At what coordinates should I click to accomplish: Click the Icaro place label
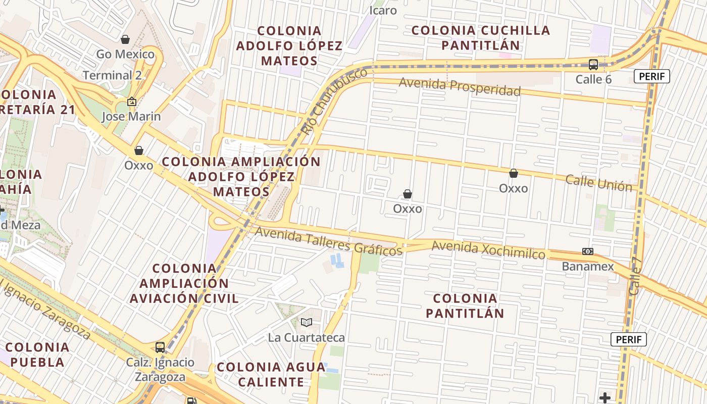[383, 10]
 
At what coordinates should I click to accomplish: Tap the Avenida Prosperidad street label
[460, 86]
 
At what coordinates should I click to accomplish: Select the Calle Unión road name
[598, 183]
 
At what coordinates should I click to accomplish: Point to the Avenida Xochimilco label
[488, 249]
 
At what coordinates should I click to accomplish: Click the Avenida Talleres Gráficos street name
[329, 240]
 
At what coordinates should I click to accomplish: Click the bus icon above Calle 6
[593, 65]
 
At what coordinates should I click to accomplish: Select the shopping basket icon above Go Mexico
[125, 39]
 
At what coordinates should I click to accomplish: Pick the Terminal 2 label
[113, 75]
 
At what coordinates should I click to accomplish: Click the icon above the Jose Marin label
[132, 102]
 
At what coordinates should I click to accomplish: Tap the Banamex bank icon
[587, 251]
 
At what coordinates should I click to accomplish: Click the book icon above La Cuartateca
[306, 322]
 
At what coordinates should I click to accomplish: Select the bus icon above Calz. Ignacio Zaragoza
[160, 347]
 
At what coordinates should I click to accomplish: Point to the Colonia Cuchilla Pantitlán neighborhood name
[480, 37]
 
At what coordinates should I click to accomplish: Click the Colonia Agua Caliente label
[271, 374]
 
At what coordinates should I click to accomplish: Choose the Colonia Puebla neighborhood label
[37, 355]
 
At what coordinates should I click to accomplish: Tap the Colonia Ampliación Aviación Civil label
[184, 283]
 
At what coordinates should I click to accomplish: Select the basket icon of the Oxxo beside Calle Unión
[514, 173]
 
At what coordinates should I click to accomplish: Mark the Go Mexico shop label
[125, 54]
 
